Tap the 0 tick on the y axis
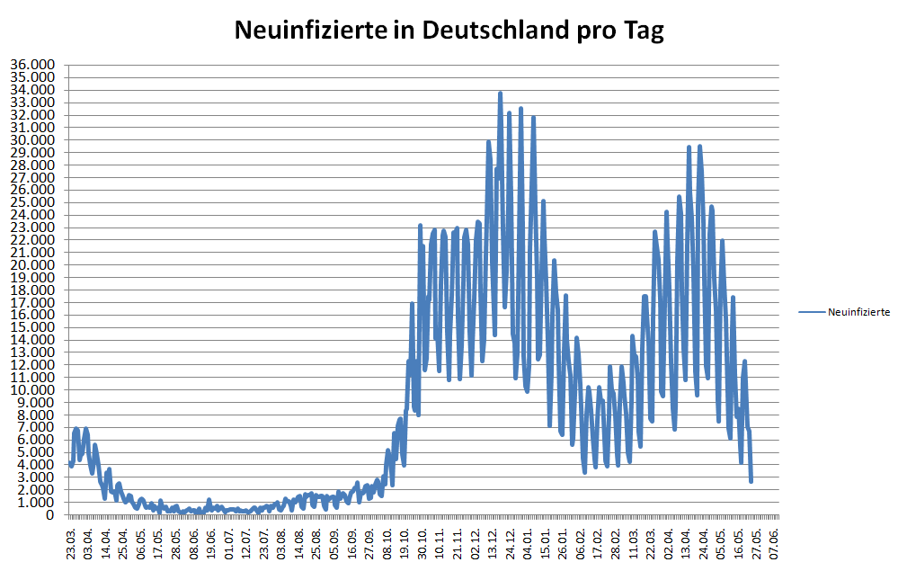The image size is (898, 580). pyautogui.click(x=51, y=515)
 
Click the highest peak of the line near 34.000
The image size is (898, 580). pyautogui.click(x=500, y=93)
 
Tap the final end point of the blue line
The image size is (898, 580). pyautogui.click(x=751, y=481)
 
